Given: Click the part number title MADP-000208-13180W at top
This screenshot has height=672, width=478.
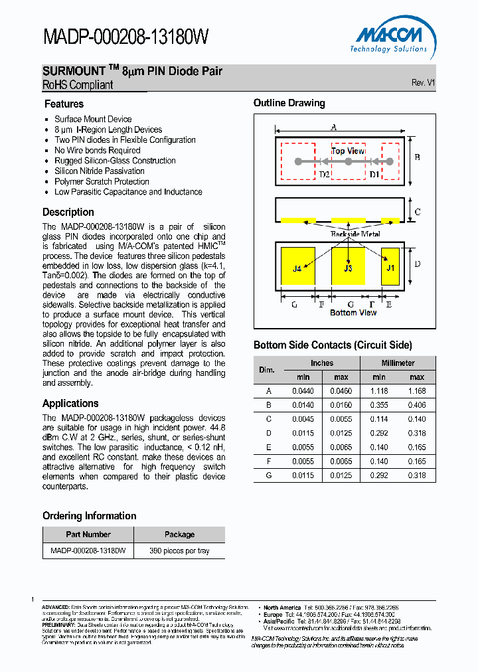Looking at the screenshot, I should tap(126, 37).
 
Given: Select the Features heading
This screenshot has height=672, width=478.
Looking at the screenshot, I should tap(64, 104).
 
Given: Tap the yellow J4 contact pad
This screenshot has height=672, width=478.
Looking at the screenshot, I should tap(297, 268).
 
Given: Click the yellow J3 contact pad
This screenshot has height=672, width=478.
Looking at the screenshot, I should tap(348, 268).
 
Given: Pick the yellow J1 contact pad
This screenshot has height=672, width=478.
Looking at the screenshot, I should tap(390, 268).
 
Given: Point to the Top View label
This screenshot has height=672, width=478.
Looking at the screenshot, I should tap(347, 151).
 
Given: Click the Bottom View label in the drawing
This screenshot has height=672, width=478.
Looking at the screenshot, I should tap(353, 313).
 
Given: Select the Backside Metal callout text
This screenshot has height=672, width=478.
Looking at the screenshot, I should tap(355, 234).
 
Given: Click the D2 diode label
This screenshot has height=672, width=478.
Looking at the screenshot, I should tap(324, 175).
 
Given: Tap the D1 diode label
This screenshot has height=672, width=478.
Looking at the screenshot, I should tap(374, 175).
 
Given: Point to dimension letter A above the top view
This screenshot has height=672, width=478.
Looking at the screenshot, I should tap(334, 127).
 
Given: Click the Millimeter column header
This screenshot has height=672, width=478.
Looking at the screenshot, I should tap(398, 363).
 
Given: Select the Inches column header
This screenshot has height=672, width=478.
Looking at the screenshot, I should tap(322, 363).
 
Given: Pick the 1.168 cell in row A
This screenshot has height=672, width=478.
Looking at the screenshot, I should tap(417, 392).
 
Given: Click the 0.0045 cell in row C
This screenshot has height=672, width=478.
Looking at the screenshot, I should tap(303, 419).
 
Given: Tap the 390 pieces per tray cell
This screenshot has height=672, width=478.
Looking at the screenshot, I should tap(179, 550).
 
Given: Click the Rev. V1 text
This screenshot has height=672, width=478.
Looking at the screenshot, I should tap(423, 83).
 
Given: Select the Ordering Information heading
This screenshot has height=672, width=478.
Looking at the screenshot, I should tap(89, 516).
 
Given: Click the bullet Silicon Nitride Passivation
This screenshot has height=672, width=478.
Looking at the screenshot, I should tap(99, 171).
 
